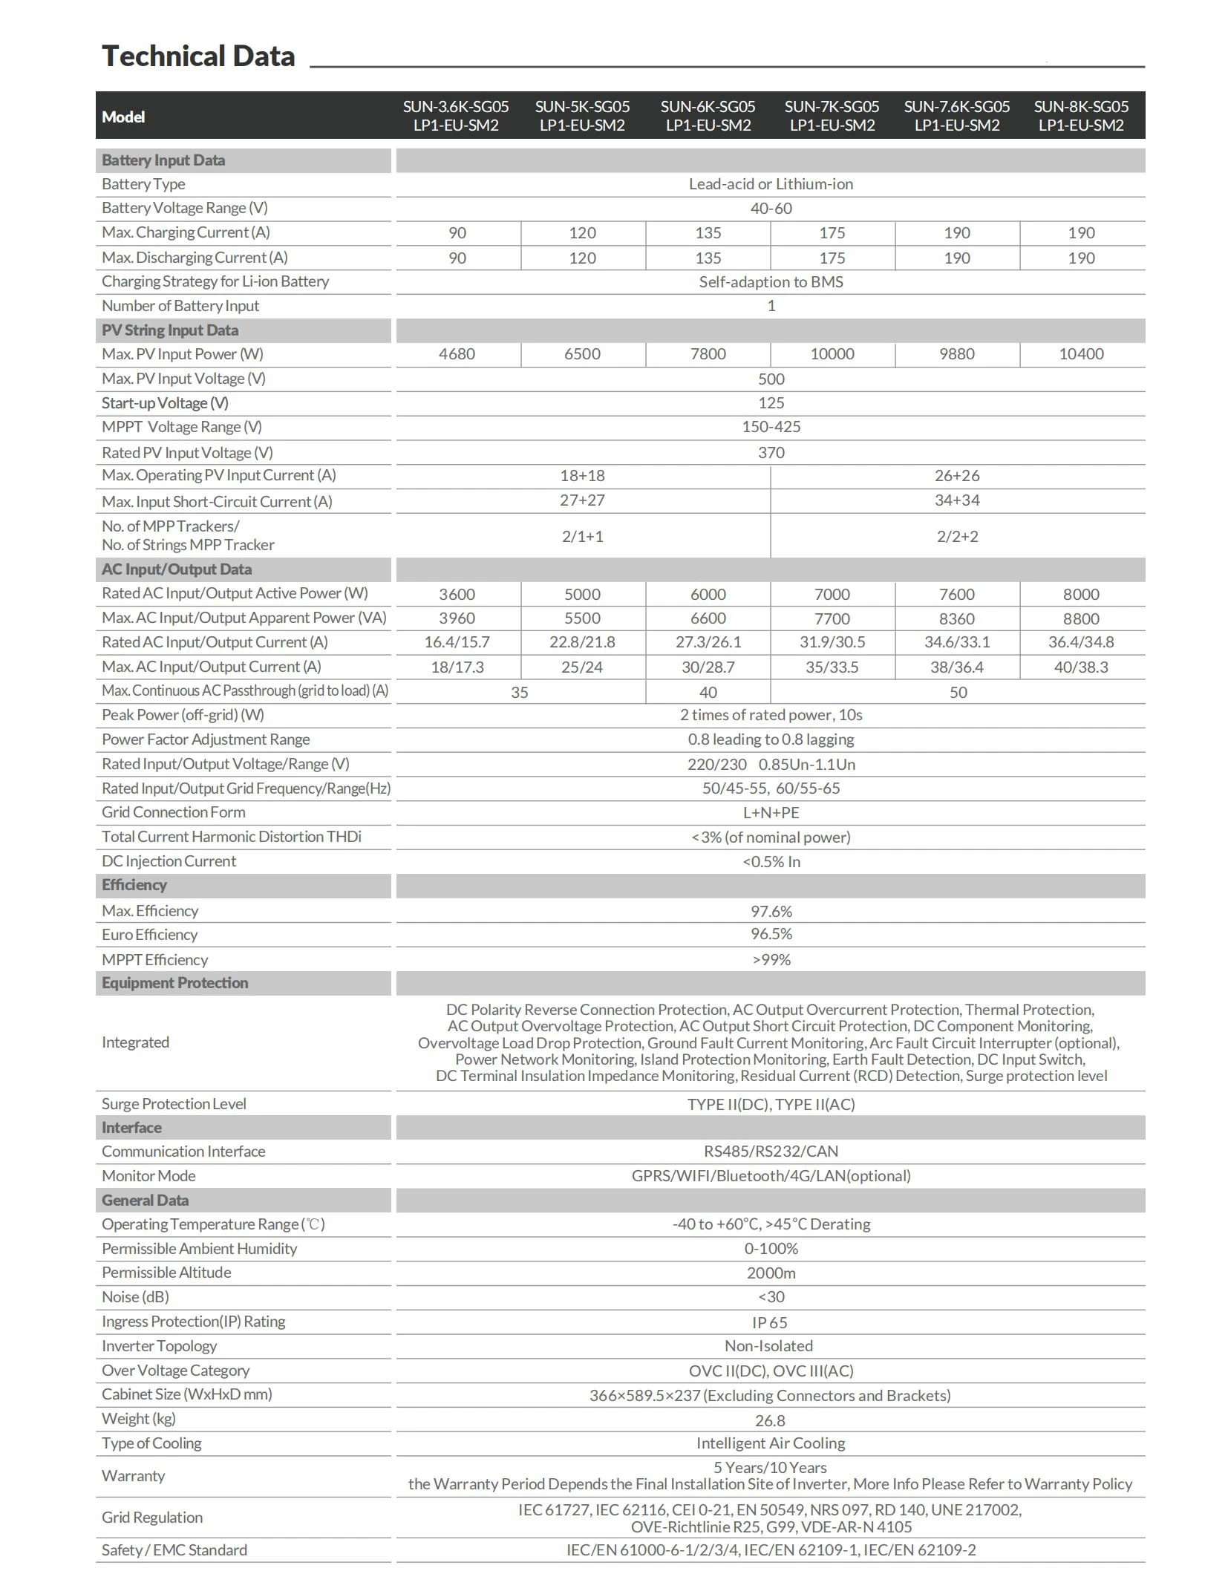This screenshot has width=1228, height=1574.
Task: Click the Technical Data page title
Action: pyautogui.click(x=198, y=56)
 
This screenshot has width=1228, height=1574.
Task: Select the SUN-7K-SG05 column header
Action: pyautogui.click(x=832, y=116)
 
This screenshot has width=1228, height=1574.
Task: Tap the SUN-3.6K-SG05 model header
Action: pyautogui.click(x=456, y=116)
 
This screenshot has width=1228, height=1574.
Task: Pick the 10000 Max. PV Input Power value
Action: pyautogui.click(x=832, y=354)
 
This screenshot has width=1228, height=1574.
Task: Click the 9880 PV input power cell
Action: pyautogui.click(x=956, y=354)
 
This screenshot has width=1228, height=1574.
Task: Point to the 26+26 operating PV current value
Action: pyautogui.click(x=956, y=476)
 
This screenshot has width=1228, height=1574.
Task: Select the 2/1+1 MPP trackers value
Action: pyautogui.click(x=582, y=536)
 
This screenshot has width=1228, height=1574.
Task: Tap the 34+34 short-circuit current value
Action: pyautogui.click(x=956, y=500)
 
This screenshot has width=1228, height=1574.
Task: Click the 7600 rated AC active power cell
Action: pyautogui.click(x=956, y=594)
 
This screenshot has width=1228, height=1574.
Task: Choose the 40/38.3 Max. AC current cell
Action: pyautogui.click(x=1080, y=667)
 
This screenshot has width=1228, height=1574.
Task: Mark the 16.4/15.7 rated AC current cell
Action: pyautogui.click(x=457, y=642)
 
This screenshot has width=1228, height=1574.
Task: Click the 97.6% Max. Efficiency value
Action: pyautogui.click(x=771, y=911)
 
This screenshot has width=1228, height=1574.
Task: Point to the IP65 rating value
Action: pyautogui.click(x=769, y=1322)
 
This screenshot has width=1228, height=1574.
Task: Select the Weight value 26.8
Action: pyautogui.click(x=769, y=1420)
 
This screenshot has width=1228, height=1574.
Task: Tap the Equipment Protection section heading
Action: pyautogui.click(x=175, y=983)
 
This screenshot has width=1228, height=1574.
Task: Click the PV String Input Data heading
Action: pyautogui.click(x=170, y=330)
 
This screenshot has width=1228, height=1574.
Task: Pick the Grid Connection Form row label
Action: pyautogui.click(x=174, y=812)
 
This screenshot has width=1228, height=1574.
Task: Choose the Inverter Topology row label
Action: pyautogui.click(x=160, y=1346)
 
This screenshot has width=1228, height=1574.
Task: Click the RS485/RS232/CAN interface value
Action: pyautogui.click(x=771, y=1152)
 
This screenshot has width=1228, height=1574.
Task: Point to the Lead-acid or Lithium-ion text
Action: pyautogui.click(x=771, y=184)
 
